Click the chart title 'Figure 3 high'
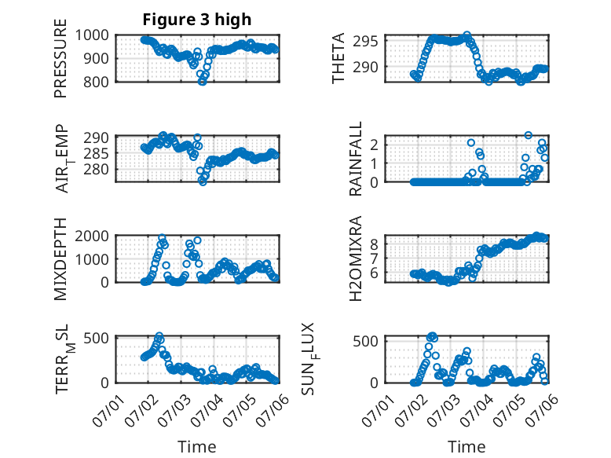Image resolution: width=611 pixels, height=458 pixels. [x=197, y=20]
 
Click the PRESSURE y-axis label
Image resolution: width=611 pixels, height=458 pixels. [x=60, y=58]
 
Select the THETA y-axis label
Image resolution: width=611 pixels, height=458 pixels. [x=338, y=58]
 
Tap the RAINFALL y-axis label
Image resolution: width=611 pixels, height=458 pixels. [x=356, y=159]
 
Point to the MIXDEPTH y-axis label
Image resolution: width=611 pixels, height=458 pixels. [x=60, y=259]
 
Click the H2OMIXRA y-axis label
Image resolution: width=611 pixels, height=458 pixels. [x=356, y=258]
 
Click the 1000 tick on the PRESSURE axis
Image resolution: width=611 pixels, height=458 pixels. [x=92, y=35]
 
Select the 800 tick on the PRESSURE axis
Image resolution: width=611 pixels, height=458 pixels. [x=97, y=82]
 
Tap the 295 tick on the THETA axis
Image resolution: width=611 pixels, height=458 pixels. [x=366, y=41]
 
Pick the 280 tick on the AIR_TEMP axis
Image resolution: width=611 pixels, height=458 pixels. [x=97, y=170]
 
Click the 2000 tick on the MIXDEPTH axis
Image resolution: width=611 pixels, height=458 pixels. [x=92, y=236]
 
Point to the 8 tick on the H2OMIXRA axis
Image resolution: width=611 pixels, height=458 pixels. [x=374, y=245]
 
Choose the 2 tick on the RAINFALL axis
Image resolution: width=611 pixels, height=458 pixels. [x=374, y=145]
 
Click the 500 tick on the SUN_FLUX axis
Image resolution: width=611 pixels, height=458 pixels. [x=366, y=342]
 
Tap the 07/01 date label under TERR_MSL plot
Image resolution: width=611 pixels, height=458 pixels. [x=108, y=410]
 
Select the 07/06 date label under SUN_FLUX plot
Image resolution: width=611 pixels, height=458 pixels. [x=542, y=410]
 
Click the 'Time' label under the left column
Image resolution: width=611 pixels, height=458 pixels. [x=197, y=446]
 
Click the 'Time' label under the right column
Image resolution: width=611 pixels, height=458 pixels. [x=466, y=446]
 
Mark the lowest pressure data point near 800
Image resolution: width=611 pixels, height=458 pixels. [x=202, y=82]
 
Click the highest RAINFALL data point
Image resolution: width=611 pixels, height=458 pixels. [x=529, y=135]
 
